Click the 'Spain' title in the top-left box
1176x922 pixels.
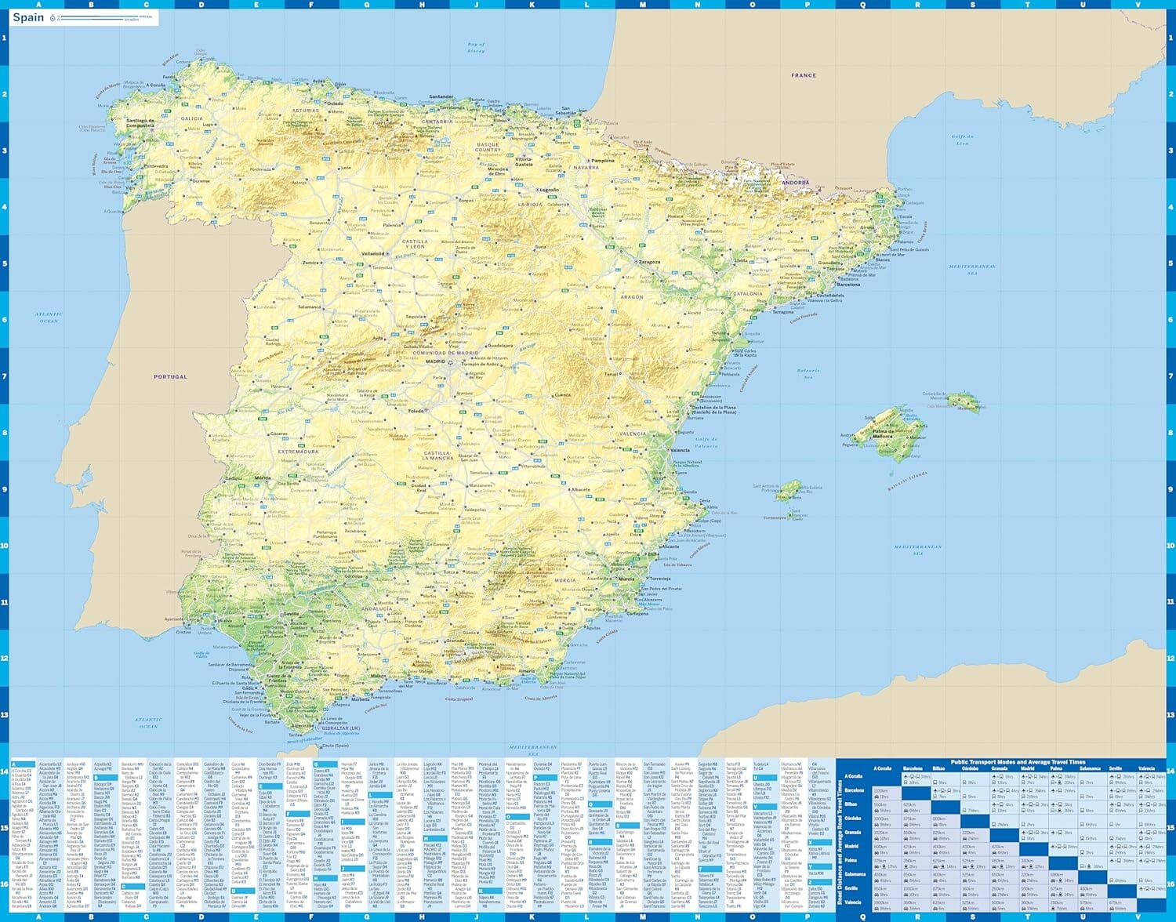(x=28, y=17)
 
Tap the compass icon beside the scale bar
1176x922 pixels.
(x=53, y=17)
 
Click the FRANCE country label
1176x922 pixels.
(x=804, y=75)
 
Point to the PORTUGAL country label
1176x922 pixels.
(x=170, y=376)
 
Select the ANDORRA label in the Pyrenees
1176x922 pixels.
(x=795, y=183)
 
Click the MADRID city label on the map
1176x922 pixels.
(x=435, y=362)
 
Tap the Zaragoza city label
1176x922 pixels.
(x=648, y=262)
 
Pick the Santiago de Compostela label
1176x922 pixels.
(x=140, y=123)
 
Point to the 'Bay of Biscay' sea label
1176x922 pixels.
(x=476, y=47)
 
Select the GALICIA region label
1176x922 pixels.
(x=192, y=118)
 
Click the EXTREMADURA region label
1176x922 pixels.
(x=298, y=452)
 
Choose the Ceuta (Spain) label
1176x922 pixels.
(x=336, y=746)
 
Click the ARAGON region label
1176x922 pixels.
(x=632, y=297)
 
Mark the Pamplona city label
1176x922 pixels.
(x=603, y=161)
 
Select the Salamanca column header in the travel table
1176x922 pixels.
(x=1090, y=768)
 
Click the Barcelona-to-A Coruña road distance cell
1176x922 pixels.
(x=882, y=792)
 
